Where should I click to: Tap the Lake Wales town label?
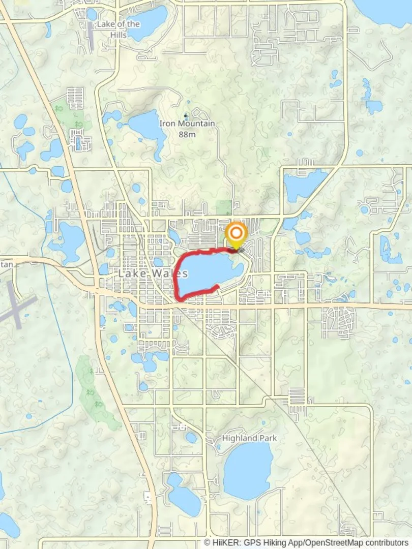tap(153, 273)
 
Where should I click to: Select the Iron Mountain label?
tap(187, 124)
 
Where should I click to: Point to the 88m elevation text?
tap(187, 134)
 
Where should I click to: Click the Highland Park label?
tap(250, 438)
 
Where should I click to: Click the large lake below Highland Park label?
tap(248, 471)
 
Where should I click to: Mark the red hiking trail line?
tap(178, 285)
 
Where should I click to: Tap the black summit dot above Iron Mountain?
tap(185, 116)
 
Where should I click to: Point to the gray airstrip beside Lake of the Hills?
tap(90, 36)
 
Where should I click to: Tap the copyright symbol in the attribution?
tap(207, 542)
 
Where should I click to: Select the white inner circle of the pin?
tap(236, 233)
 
